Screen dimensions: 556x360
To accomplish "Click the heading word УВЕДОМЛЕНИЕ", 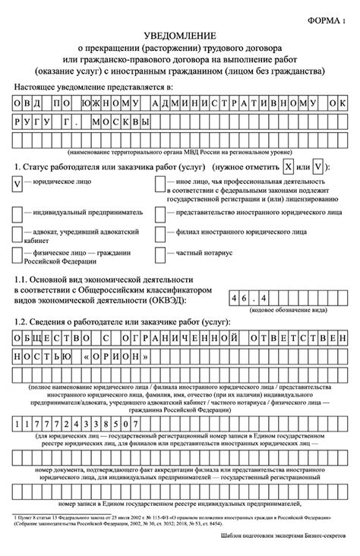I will [180, 36].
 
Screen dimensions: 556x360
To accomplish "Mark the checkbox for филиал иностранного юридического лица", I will [161, 235].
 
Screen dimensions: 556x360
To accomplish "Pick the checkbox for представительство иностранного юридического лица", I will [161, 213].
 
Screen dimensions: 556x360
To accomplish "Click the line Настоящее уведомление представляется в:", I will [93, 88].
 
